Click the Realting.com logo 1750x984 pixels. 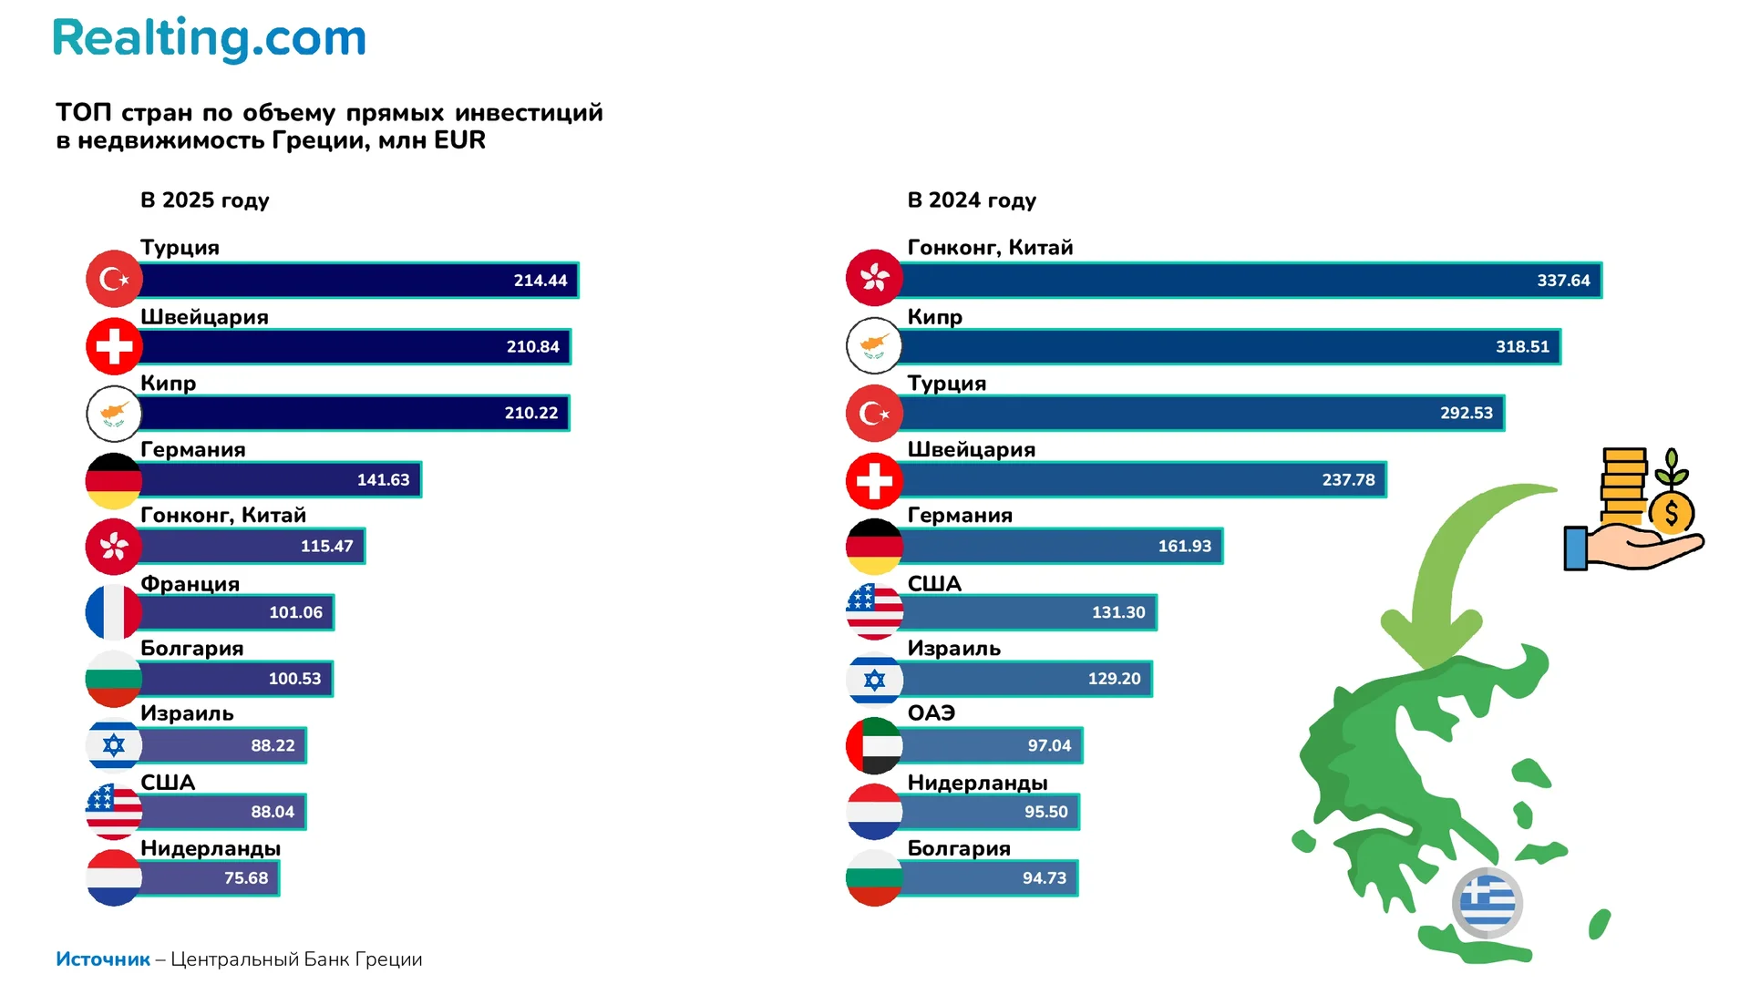tap(210, 39)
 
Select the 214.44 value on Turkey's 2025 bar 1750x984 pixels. tap(540, 281)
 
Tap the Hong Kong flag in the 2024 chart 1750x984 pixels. tap(874, 278)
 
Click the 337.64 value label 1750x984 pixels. tap(1563, 281)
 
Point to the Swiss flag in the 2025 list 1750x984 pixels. tap(114, 346)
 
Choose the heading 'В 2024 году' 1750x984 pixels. tap(972, 200)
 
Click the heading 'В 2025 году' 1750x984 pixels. tap(205, 200)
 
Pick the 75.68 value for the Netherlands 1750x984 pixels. tap(246, 878)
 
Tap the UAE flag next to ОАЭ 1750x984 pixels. tap(874, 745)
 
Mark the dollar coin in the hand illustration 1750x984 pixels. tap(1671, 513)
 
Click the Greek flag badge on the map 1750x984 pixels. tap(1487, 903)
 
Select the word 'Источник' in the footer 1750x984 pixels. tap(103, 959)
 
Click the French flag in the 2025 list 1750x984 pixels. tap(114, 612)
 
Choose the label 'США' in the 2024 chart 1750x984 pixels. tap(934, 584)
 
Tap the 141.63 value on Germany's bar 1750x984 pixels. tap(383, 480)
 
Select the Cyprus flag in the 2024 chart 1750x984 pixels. tap(874, 345)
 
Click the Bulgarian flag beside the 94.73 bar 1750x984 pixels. tap(874, 878)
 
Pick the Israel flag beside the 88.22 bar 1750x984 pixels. tap(114, 745)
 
